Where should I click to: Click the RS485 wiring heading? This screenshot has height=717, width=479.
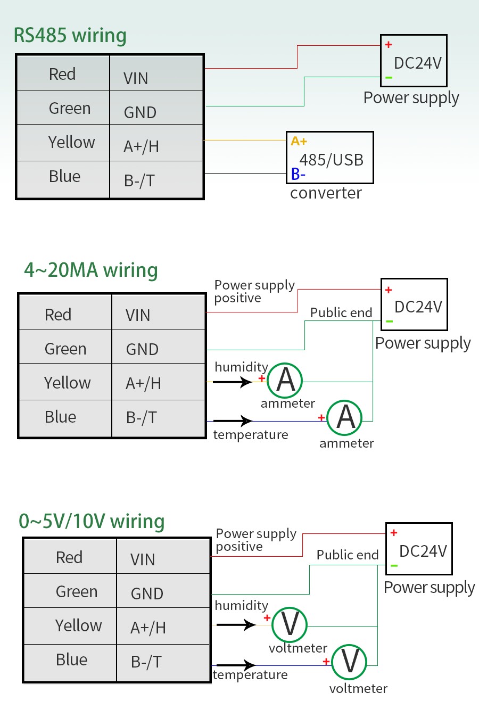click(70, 36)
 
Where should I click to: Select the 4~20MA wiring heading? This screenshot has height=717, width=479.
click(90, 270)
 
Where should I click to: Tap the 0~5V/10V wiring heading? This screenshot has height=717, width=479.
click(92, 521)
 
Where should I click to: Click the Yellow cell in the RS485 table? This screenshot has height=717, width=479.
click(71, 143)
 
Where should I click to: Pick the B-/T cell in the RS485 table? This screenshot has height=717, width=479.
click(139, 181)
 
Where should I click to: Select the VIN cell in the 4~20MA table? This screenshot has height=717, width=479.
click(138, 315)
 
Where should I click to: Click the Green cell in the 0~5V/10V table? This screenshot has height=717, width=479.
click(77, 591)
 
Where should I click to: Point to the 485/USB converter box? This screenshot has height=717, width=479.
click(330, 158)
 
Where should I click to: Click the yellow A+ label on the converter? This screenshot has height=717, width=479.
click(299, 141)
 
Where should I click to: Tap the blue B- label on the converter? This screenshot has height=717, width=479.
click(298, 174)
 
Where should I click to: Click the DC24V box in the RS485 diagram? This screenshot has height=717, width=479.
click(414, 61)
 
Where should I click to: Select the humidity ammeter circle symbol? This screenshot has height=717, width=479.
click(285, 381)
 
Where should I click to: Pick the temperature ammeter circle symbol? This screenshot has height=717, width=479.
click(345, 417)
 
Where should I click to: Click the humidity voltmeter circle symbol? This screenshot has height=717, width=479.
click(290, 624)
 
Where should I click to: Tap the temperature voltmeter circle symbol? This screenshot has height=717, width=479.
click(349, 662)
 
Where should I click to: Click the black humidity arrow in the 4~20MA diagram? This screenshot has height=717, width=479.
click(233, 382)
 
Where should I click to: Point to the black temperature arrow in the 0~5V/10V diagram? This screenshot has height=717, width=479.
click(236, 665)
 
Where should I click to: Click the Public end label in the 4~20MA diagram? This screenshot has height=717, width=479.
click(341, 312)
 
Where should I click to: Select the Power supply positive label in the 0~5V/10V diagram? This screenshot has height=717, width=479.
click(256, 540)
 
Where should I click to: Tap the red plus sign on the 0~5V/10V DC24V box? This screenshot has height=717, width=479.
click(394, 533)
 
